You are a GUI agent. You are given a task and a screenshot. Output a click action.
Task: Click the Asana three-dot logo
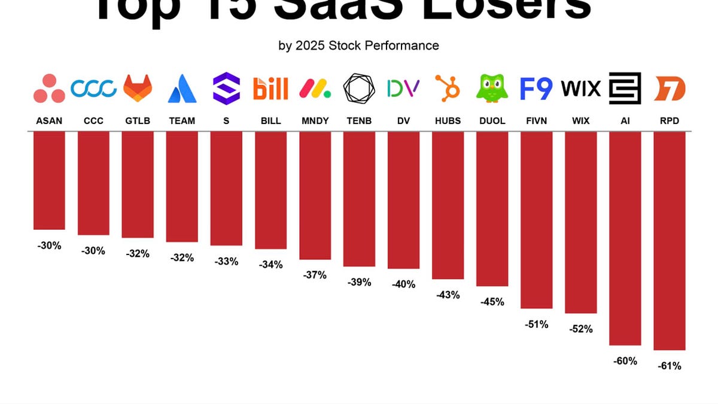[49, 89]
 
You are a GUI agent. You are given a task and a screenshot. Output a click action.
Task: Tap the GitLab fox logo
[138, 89]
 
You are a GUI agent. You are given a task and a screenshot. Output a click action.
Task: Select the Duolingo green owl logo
[492, 89]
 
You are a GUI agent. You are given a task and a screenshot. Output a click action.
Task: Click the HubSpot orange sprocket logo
[448, 89]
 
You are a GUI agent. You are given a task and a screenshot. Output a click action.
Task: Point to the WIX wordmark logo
[581, 89]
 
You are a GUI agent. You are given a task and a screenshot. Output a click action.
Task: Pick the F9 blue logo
[536, 89]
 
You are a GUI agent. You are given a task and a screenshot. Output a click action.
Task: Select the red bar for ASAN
[49, 180]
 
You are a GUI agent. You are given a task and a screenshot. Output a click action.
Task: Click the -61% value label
[670, 366]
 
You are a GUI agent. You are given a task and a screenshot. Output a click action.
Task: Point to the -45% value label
[492, 302]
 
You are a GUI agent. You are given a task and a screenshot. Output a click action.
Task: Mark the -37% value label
[315, 275]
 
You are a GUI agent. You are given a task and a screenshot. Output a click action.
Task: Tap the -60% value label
[625, 361]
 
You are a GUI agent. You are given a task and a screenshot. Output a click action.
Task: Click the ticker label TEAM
[182, 121]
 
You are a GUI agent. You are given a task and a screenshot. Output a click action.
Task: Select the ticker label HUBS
[448, 121]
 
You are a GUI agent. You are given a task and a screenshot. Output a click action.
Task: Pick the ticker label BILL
[270, 121]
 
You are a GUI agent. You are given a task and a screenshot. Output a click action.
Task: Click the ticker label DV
[403, 121]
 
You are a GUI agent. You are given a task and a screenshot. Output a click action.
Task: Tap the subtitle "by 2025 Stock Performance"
[358, 45]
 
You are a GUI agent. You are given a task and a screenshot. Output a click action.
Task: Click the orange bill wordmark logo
[270, 89]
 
